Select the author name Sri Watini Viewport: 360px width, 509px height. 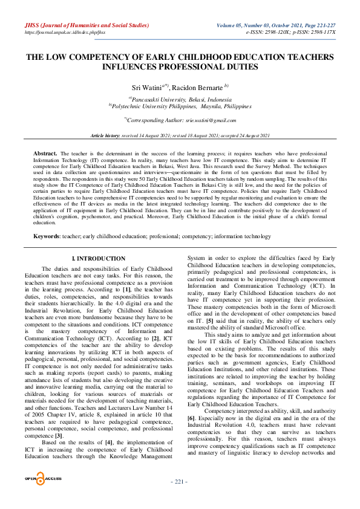(147, 88)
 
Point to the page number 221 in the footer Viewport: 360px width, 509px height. (180, 498)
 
